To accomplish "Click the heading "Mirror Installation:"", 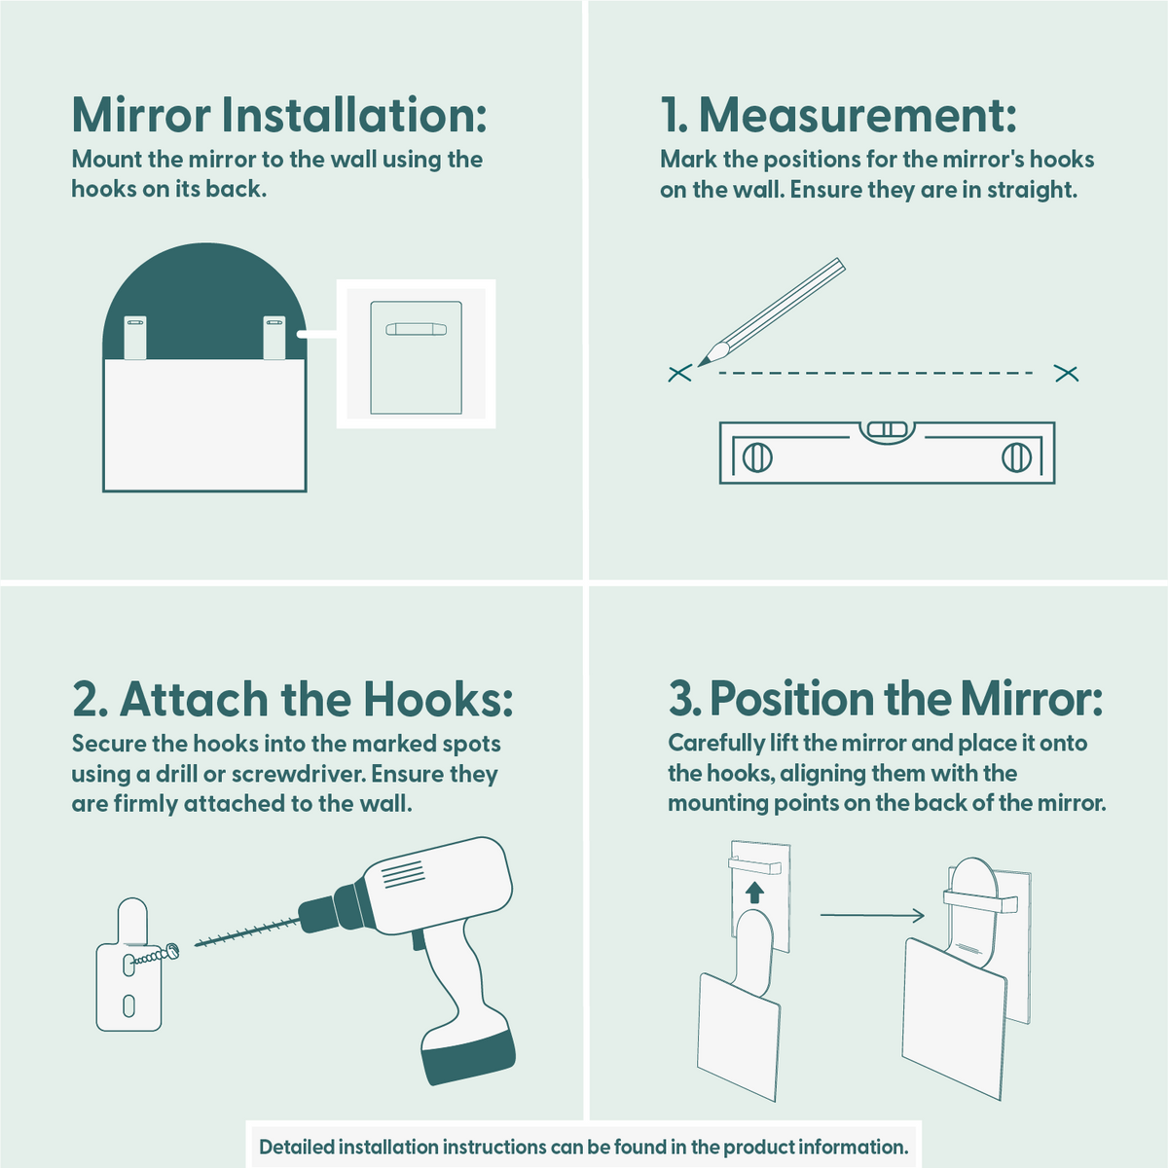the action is [x=279, y=114].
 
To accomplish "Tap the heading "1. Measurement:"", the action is [x=838, y=114].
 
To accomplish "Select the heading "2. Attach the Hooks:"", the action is [x=292, y=698].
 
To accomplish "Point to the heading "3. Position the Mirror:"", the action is [x=886, y=698].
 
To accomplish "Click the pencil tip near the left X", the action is [x=699, y=366].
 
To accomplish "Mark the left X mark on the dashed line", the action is [x=680, y=374].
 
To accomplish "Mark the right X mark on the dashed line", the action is [x=1067, y=374].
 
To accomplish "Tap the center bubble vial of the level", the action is [x=888, y=430].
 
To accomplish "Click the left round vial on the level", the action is [x=757, y=457].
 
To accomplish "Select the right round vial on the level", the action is [x=1016, y=457].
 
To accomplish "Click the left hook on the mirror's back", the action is [x=135, y=338].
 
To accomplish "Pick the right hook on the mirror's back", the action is [x=274, y=338].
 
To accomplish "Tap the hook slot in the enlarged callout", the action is [x=417, y=329].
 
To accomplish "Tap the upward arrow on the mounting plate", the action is [x=754, y=893].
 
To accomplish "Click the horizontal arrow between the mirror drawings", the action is [x=872, y=915].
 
